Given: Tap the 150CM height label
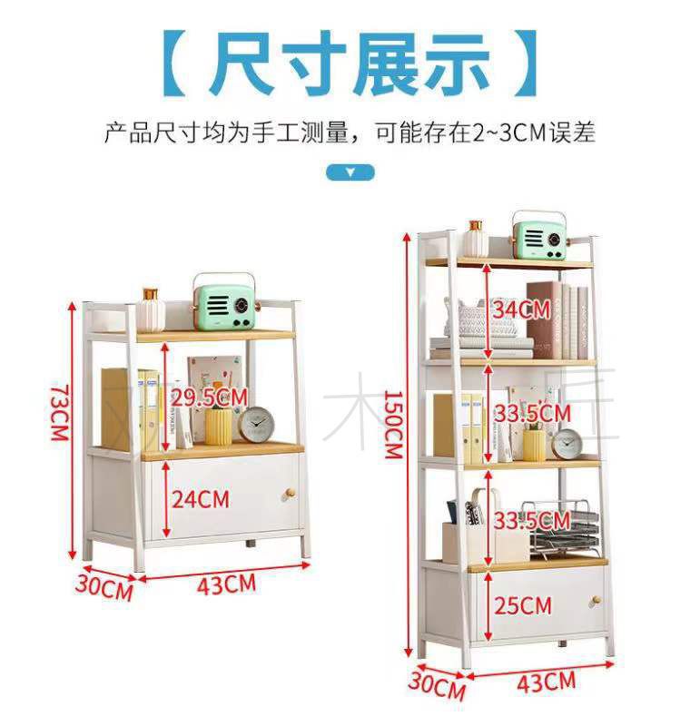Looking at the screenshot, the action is point(392,424).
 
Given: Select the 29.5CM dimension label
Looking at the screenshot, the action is point(208,397).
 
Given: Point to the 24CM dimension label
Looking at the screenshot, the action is point(202,499).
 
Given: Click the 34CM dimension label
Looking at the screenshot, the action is point(521,309).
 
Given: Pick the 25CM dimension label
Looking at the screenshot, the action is point(524,604).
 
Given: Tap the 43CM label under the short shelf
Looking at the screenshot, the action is point(226,583).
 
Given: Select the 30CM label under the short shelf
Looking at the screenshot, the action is point(104,586).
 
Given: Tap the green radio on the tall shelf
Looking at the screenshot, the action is point(539,235).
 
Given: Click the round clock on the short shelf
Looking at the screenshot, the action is point(257,424).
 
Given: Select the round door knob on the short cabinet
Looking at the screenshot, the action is point(289,493).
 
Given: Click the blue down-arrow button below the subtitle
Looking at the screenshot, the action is point(350,172).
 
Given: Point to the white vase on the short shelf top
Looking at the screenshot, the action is point(152,310).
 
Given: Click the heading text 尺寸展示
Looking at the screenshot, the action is point(350,64).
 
